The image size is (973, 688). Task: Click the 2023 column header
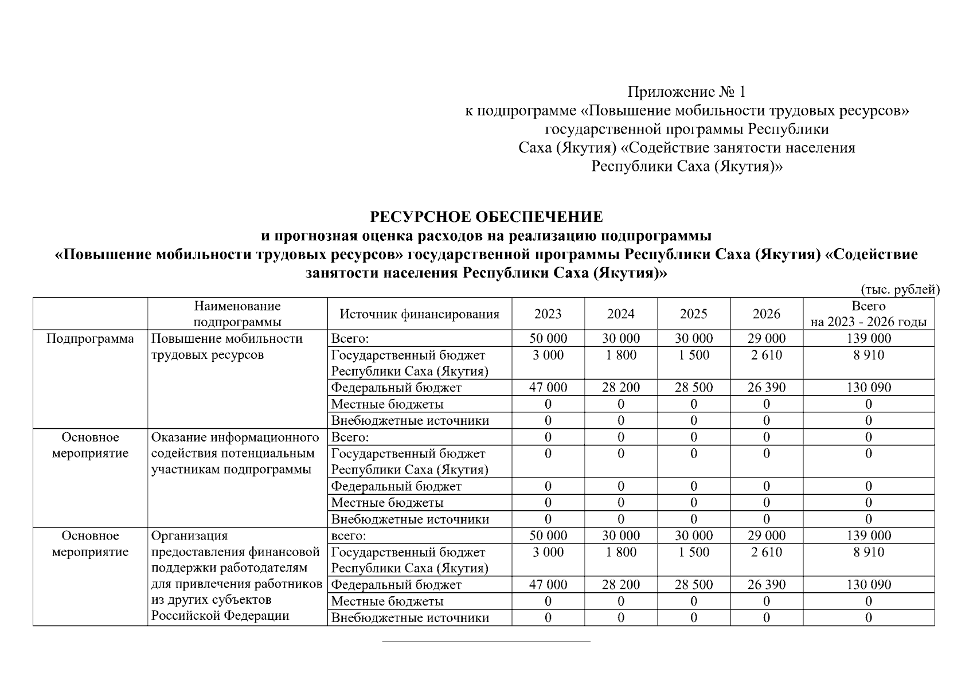point(548,314)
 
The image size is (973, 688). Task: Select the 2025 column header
point(693,314)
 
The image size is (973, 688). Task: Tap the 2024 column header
point(620,314)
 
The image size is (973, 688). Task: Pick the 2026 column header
point(766,314)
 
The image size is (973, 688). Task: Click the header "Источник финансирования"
point(419,314)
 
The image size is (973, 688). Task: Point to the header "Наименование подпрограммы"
point(237,314)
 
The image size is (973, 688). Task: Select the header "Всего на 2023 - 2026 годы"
point(868,314)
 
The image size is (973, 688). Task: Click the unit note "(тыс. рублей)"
point(900,290)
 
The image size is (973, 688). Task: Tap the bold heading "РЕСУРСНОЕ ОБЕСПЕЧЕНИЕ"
point(486,217)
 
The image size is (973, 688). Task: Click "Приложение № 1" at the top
point(686,92)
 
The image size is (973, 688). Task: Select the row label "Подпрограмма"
point(90,339)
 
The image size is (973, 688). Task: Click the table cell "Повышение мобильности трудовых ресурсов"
point(226,347)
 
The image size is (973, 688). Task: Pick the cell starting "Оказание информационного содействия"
point(235,454)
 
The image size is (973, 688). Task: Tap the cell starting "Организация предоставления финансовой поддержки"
point(235,576)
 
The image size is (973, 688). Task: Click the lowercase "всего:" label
point(349,536)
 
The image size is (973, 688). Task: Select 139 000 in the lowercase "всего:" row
point(868,536)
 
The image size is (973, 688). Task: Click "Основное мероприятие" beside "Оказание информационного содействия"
point(90,445)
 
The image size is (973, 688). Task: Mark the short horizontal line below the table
point(486,641)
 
